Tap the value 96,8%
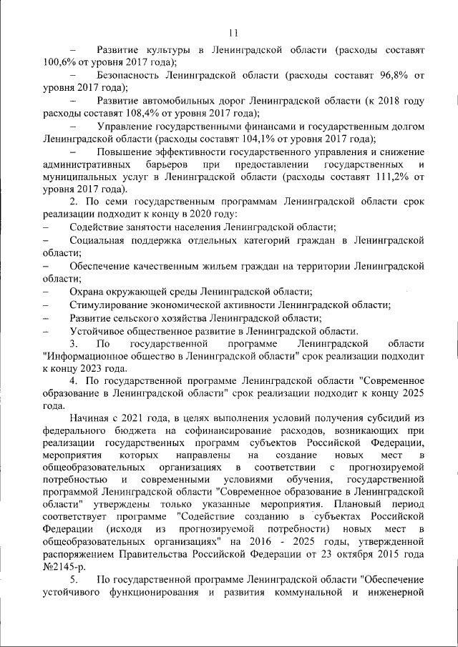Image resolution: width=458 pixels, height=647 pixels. (x=389, y=75)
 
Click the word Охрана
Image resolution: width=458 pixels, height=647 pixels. (x=87, y=291)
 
